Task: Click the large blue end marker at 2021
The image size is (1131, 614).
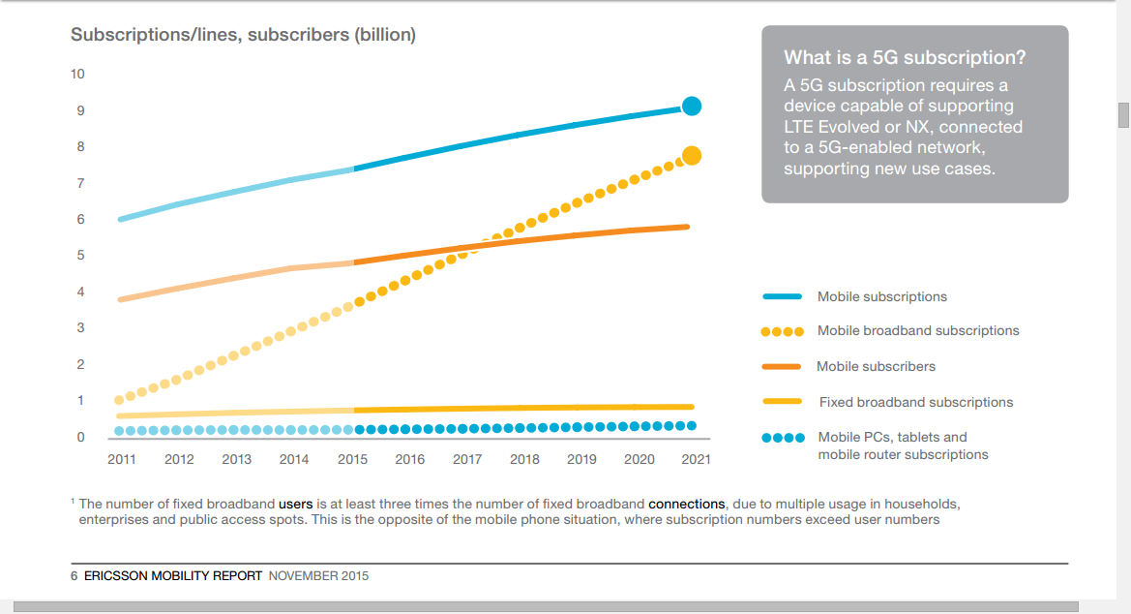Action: [691, 107]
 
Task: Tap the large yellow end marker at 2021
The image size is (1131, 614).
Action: [691, 156]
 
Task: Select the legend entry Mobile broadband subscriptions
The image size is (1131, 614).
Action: [917, 331]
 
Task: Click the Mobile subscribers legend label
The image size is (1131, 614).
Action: [876, 367]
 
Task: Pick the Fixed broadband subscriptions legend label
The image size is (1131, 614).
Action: [915, 402]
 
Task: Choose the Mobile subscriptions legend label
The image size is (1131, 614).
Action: [881, 297]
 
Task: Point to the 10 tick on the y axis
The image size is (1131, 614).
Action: [77, 75]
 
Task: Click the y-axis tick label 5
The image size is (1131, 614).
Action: [81, 256]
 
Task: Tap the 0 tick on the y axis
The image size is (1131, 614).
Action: [81, 437]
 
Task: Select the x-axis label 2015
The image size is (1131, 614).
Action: [352, 460]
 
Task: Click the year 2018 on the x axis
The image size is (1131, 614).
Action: [524, 460]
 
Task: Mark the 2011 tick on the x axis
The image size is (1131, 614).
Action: [122, 460]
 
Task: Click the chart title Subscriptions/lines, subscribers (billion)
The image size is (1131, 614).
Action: [243, 35]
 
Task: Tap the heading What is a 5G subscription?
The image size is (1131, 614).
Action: [905, 58]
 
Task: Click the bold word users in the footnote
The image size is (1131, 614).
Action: [295, 505]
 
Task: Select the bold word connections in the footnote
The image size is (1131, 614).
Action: [686, 505]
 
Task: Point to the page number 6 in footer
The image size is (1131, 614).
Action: [74, 576]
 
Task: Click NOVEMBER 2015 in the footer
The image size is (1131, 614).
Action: [318, 576]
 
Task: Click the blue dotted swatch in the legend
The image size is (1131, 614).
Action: [782, 438]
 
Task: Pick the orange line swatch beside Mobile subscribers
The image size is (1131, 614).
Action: [782, 367]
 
